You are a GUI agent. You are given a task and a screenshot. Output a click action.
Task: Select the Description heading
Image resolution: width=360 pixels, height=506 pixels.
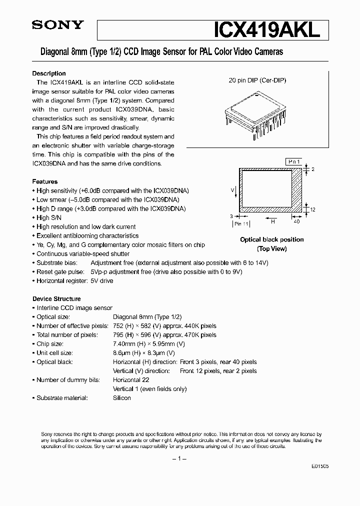(49, 73)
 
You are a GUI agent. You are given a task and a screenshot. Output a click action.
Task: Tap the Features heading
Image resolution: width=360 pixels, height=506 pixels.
(45, 181)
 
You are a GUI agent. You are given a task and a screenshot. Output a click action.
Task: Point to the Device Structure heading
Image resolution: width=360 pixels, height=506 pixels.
(56, 299)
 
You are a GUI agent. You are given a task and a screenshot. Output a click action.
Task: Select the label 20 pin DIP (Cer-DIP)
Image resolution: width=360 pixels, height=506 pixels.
(257, 80)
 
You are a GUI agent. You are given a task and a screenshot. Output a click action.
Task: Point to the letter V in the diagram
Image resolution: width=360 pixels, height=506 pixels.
(232, 190)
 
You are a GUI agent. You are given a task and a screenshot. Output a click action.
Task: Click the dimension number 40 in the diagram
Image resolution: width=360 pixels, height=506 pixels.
(296, 221)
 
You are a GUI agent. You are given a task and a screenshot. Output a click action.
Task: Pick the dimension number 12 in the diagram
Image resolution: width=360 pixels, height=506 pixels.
(312, 210)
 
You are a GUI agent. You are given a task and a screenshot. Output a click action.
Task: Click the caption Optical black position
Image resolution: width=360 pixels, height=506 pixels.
(271, 239)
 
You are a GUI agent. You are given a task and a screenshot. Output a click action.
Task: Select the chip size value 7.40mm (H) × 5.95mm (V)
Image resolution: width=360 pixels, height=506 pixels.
(149, 344)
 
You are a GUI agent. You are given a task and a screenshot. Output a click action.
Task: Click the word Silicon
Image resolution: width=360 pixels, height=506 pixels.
(122, 398)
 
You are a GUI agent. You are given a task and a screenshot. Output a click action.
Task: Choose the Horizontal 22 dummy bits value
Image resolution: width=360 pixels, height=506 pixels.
(131, 380)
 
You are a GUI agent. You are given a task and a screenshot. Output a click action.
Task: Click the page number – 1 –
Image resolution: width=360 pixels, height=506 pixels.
(179, 459)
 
